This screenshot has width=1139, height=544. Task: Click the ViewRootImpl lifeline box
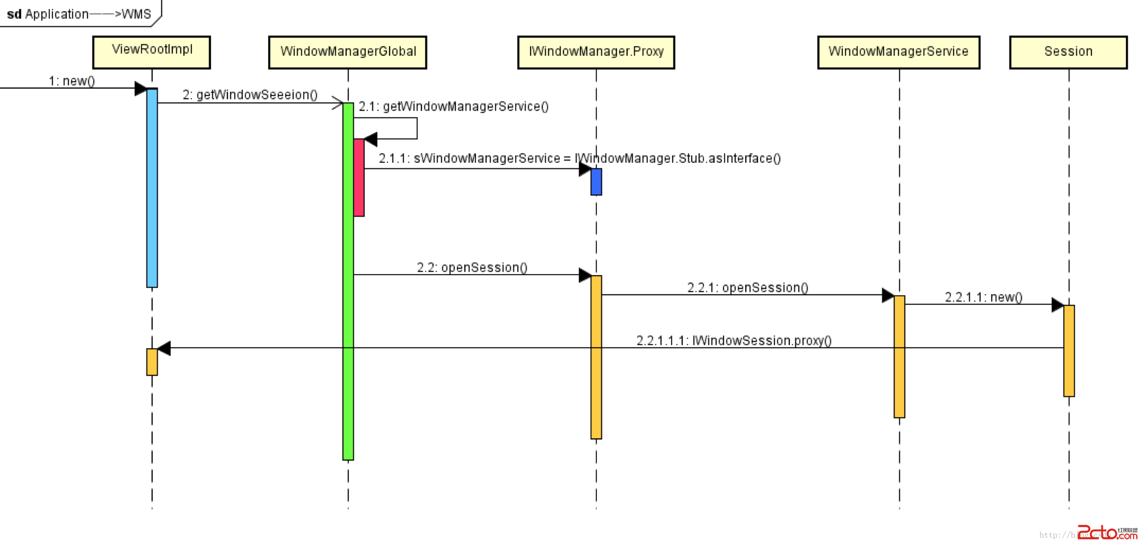151,52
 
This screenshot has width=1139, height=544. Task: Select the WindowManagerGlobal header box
348,52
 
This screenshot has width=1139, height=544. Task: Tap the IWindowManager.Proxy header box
596,52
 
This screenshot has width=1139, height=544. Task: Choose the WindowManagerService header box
898,52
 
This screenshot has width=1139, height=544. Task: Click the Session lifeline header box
1068,52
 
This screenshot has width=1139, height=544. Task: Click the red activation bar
359,177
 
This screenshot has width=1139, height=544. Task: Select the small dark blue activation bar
596,182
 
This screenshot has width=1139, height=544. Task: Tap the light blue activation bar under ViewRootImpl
152,188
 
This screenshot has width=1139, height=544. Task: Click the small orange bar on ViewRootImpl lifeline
152,362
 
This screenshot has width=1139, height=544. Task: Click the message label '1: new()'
72,81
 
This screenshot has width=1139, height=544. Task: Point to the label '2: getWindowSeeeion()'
250,95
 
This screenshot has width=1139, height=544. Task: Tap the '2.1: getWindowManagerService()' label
453,107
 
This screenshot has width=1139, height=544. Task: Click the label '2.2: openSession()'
472,268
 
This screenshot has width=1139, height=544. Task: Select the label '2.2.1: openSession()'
747,288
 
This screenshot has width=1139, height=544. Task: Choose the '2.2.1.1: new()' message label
984,297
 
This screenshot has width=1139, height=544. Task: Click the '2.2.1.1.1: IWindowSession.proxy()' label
734,341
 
